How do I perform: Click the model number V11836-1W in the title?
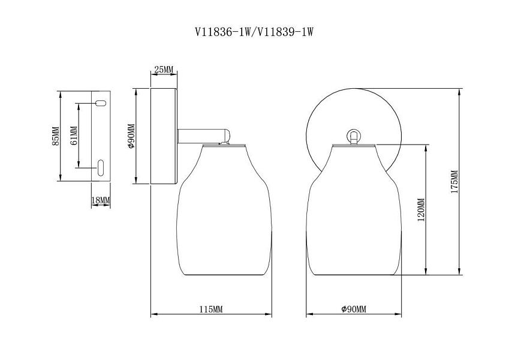coord(222,32)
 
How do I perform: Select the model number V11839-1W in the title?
coord(285,32)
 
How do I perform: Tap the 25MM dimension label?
coord(164,69)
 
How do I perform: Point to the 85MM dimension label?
coord(56,136)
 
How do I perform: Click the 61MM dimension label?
coord(74,136)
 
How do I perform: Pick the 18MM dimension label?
coord(101,200)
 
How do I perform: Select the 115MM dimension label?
coord(211,309)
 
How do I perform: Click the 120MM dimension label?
coord(421,209)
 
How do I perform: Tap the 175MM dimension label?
coord(454,182)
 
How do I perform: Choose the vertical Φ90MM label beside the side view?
coord(131,136)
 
